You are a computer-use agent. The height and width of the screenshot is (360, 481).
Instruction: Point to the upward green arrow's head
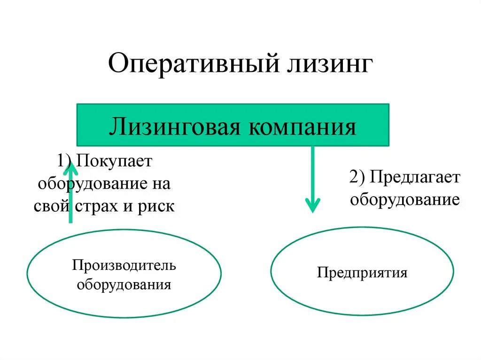click(x=70, y=161)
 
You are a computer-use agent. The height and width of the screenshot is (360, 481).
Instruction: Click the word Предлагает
click(x=415, y=177)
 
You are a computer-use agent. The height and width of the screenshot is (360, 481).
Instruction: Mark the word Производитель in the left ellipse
click(x=124, y=266)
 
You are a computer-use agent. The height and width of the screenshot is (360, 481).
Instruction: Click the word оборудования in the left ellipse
click(x=124, y=284)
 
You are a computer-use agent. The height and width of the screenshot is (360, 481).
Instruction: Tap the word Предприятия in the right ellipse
click(x=362, y=273)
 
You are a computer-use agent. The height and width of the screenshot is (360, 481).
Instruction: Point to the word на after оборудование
click(x=160, y=184)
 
